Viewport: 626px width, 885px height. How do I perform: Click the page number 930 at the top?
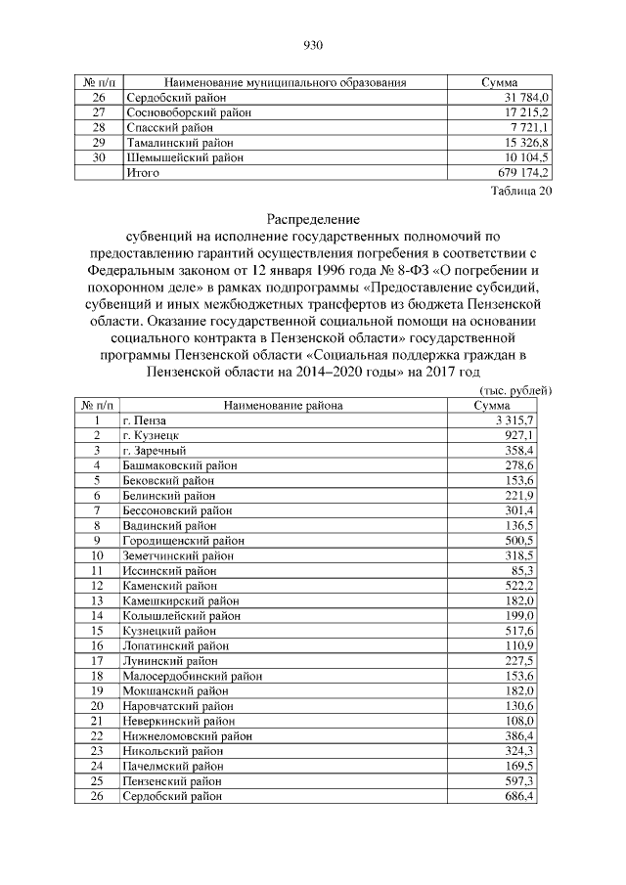point(313,45)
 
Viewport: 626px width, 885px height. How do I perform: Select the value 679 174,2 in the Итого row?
point(525,173)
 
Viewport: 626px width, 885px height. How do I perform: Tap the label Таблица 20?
point(521,192)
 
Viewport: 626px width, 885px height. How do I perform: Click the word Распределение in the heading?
point(313,219)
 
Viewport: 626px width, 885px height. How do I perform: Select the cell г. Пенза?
point(145,420)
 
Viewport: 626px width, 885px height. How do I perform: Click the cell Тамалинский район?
point(176,143)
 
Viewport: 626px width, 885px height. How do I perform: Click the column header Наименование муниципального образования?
point(285,82)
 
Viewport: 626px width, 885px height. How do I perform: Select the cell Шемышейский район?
point(178,157)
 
